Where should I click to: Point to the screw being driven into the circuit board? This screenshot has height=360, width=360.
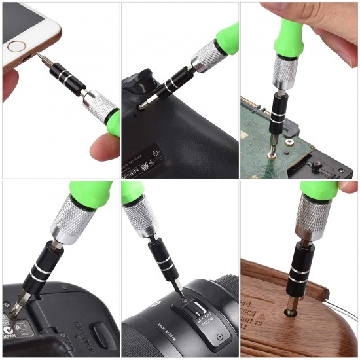pos(272,154)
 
